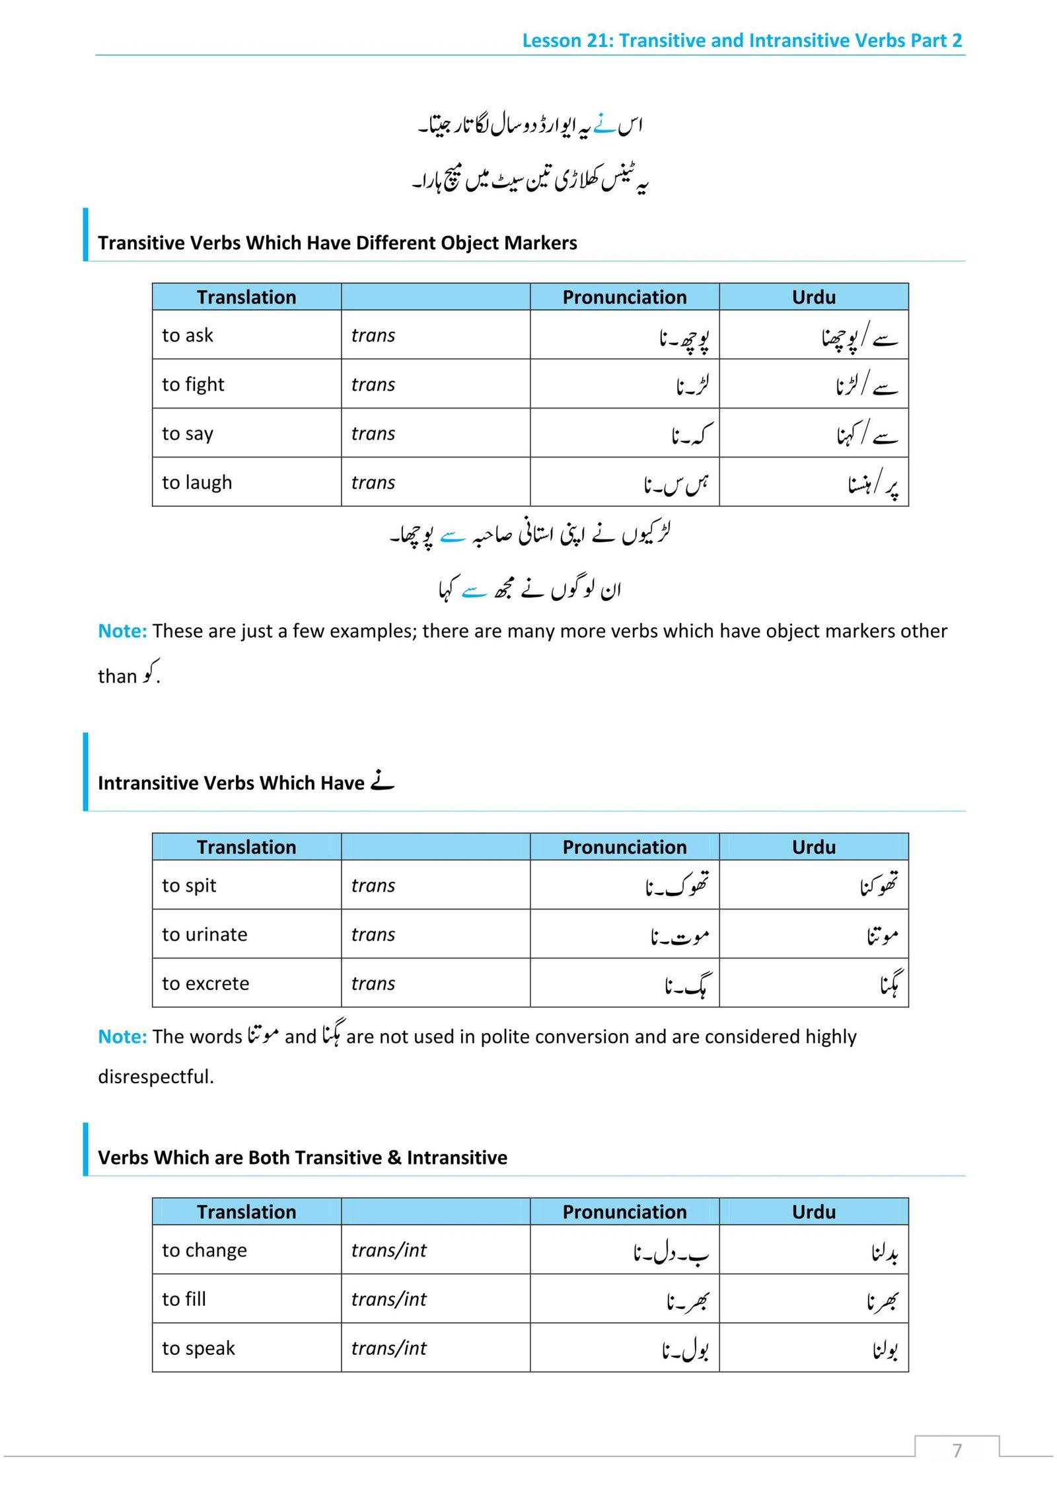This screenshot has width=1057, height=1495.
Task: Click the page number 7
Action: coord(957,1450)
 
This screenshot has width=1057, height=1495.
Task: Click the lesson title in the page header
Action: coord(741,41)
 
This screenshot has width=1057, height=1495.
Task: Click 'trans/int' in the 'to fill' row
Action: coord(388,1299)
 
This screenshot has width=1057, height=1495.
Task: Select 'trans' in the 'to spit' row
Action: coord(373,885)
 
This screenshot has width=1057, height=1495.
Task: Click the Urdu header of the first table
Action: coord(813,297)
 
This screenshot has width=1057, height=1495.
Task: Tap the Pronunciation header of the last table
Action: coord(624,1211)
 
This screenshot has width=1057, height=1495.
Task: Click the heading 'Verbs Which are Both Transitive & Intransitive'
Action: coord(303,1157)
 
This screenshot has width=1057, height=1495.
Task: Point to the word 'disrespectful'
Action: coord(155,1077)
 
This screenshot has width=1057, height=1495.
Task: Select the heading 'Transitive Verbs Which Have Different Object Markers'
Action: coord(337,243)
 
